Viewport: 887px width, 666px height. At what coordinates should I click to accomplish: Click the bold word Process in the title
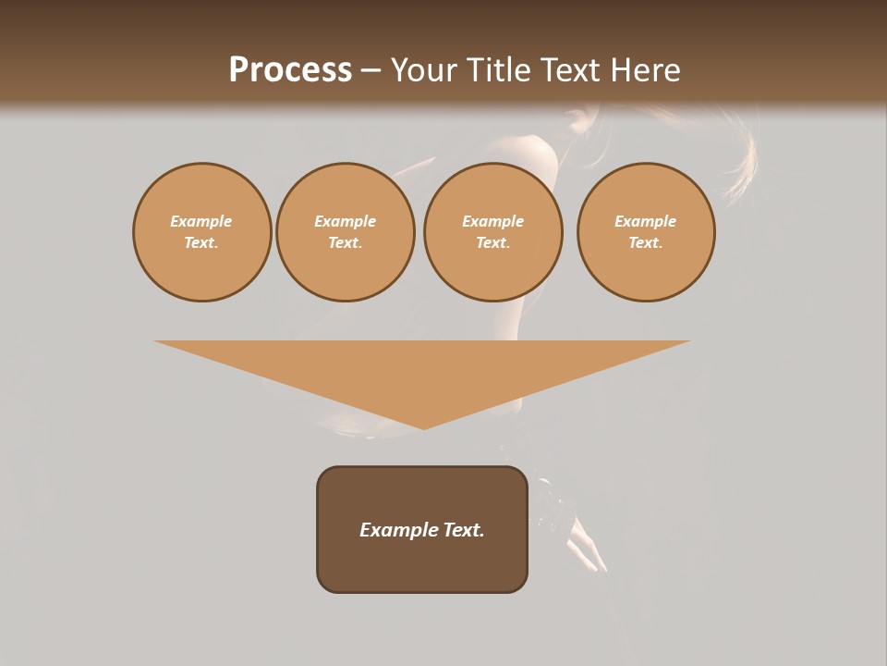click(290, 70)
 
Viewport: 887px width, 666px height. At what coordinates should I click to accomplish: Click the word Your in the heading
click(425, 70)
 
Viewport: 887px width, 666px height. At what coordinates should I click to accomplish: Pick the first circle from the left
click(201, 231)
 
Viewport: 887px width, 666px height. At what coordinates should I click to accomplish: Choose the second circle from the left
click(345, 231)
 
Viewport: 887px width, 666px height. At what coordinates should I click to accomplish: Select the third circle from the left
click(492, 231)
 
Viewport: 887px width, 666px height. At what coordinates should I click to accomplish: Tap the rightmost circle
click(645, 231)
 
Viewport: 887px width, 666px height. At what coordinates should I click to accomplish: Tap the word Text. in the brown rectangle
click(462, 530)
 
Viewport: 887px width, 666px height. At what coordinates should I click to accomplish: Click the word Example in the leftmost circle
click(201, 221)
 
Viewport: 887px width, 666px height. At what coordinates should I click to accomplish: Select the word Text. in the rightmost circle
click(645, 242)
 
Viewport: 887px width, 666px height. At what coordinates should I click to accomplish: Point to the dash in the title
click(371, 70)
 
